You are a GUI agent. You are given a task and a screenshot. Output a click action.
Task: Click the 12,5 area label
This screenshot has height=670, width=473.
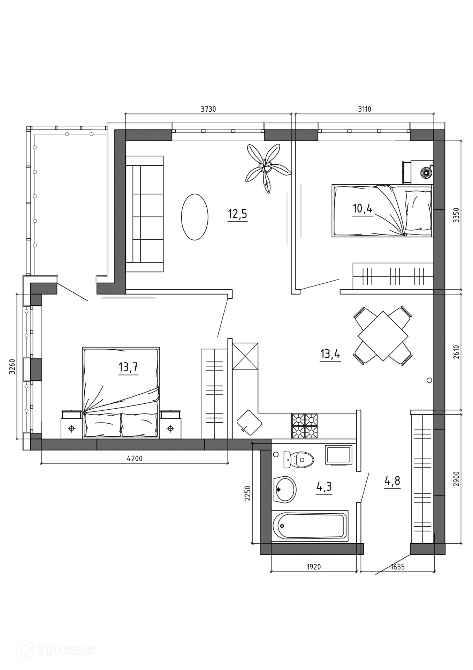coord(237,213)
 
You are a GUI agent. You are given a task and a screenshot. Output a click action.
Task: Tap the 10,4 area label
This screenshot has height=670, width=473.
coord(363,209)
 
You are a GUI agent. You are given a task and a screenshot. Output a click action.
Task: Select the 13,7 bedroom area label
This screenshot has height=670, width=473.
coord(128,367)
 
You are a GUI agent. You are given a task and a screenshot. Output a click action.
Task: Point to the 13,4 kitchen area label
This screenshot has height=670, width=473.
coord(330,354)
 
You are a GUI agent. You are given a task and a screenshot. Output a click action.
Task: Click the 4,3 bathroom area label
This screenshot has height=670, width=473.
coord(324,486)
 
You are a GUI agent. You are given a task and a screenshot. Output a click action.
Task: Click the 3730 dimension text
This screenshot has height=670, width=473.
coord(208,109)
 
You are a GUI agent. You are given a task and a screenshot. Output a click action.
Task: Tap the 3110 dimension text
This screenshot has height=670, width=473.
coord(365,109)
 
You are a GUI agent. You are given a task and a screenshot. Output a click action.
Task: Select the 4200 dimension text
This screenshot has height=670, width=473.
coord(135,459)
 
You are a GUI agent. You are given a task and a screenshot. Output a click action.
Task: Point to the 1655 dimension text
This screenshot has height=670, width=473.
coord(398,567)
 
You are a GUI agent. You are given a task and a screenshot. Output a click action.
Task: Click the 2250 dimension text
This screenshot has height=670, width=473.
coord(247,493)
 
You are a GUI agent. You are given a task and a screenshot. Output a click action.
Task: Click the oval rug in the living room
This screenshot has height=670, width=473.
coord(195,217)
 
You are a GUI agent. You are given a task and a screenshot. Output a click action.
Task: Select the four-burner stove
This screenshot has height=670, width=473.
coord(305,426)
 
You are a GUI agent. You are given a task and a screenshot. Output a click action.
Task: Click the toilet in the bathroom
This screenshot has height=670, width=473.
coord(298,460)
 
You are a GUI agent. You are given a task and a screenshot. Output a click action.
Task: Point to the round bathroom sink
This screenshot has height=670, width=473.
coord(285,490)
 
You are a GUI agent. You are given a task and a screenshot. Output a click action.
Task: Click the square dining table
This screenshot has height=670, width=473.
coord(383,336)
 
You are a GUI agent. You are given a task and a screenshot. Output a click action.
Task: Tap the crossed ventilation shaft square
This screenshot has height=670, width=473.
coord(245,356)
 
